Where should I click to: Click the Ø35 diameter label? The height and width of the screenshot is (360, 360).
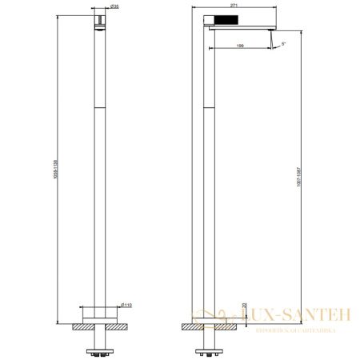(x=115, y=6)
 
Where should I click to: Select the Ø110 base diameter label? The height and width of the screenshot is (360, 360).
(x=127, y=305)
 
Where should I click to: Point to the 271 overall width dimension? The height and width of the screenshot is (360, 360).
(x=235, y=6)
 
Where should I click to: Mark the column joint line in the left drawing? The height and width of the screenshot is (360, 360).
(x=98, y=106)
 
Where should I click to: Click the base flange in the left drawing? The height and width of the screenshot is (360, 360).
(x=98, y=313)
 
